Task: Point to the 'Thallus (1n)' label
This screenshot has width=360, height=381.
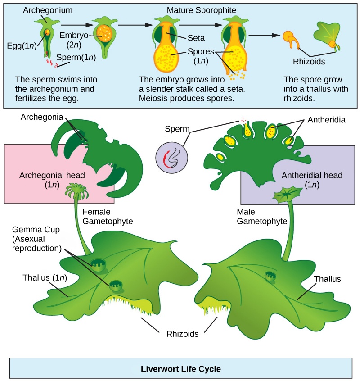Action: (45, 277)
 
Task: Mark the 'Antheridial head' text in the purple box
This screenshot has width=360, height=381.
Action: (306, 175)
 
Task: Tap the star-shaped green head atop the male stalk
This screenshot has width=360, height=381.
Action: (287, 193)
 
